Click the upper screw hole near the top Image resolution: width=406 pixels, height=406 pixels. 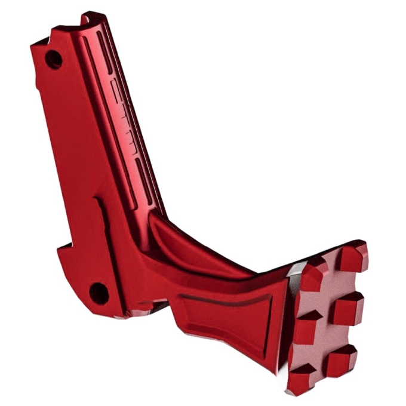[x=54, y=59]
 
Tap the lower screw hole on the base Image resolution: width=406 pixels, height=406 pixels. [x=99, y=293]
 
